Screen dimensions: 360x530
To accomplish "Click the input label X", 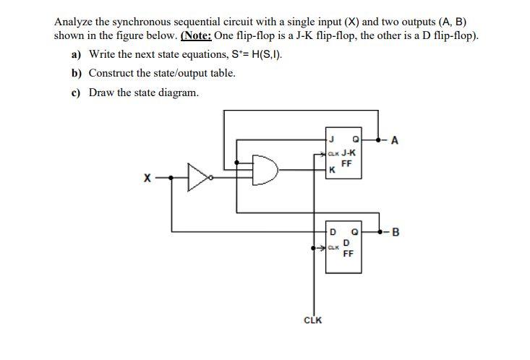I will coord(148,176).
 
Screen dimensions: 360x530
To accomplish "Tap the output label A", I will coord(393,142).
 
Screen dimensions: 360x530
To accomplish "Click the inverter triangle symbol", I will coord(197,175).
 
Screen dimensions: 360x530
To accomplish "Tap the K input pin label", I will coord(331,170).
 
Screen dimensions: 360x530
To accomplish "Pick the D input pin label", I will coord(333,232).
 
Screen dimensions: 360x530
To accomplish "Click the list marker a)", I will coord(76,55).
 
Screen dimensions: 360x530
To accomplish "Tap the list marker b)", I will coord(76,74).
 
